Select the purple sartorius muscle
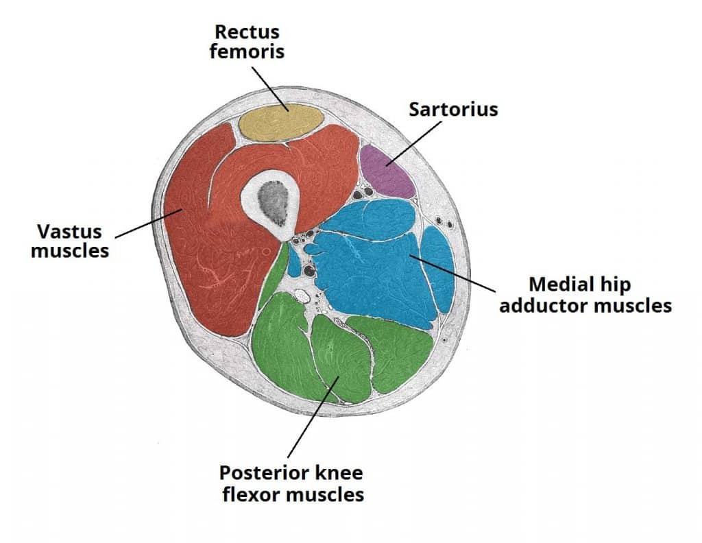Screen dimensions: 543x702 [388, 171]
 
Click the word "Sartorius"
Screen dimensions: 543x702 [453, 110]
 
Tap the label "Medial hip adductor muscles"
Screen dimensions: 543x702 [585, 295]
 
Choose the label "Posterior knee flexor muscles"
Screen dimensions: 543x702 [291, 483]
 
